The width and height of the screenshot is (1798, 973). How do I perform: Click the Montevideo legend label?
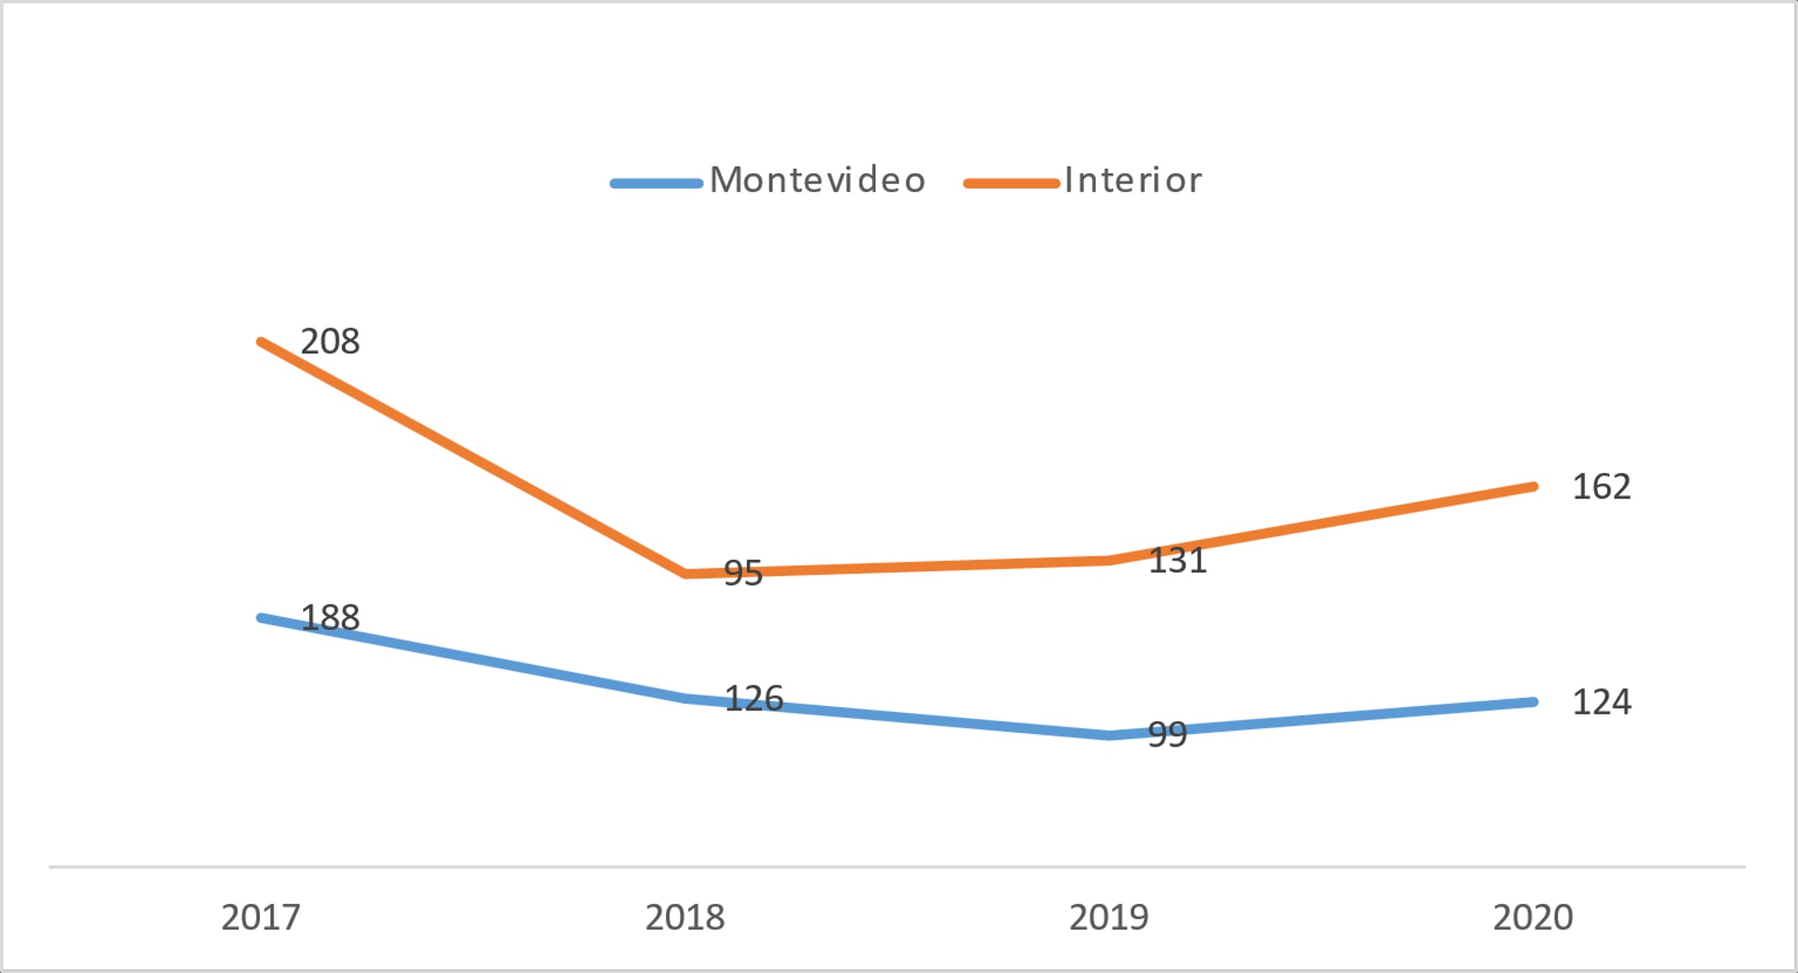click(x=817, y=181)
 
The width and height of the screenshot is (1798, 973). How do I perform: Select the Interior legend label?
click(x=1133, y=181)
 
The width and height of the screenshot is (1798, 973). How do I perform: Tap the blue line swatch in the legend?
click(x=657, y=183)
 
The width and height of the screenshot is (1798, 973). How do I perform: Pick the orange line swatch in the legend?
click(x=1011, y=183)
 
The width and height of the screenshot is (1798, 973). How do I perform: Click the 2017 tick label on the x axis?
click(x=261, y=917)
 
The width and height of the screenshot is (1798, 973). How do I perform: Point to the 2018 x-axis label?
click(x=684, y=917)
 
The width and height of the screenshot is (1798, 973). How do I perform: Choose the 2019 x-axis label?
click(x=1109, y=917)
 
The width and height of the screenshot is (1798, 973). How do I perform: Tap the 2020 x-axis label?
click(x=1533, y=917)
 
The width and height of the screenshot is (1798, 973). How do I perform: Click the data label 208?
click(x=330, y=342)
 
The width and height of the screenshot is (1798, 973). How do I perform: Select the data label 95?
click(x=743, y=574)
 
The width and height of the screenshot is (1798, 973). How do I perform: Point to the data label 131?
click(x=1178, y=561)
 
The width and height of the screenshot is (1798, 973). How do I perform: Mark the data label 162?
click(x=1602, y=486)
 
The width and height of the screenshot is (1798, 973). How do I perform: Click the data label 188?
click(x=330, y=618)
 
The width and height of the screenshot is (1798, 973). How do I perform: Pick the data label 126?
click(x=754, y=699)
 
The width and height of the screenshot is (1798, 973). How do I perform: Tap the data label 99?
click(x=1168, y=735)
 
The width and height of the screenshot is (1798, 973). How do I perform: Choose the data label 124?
click(x=1602, y=702)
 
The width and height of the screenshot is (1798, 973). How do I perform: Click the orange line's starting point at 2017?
click(x=262, y=342)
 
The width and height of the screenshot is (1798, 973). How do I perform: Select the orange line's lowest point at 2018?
click(x=686, y=574)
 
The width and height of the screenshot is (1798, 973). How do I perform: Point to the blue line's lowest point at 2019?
click(x=1110, y=736)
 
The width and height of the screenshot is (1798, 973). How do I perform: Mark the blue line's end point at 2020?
click(x=1534, y=702)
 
